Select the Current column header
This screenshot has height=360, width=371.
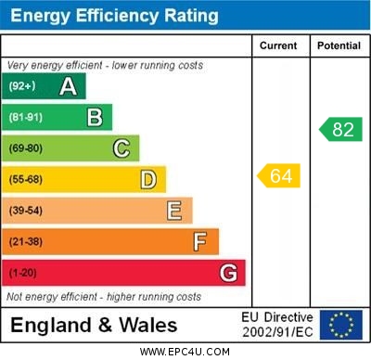pyautogui.click(x=278, y=45)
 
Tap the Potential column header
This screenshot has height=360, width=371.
pyautogui.click(x=338, y=45)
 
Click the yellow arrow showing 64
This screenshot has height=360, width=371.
pyautogui.click(x=279, y=175)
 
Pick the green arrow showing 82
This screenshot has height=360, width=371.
pyautogui.click(x=340, y=129)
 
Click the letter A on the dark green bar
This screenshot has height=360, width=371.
pyautogui.click(x=68, y=86)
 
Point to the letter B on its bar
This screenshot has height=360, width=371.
pyautogui.click(x=95, y=117)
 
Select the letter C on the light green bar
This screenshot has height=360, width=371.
pyautogui.click(x=121, y=148)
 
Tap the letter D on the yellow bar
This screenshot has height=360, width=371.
pyautogui.click(x=147, y=179)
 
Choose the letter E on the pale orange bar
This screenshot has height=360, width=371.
pyautogui.click(x=174, y=211)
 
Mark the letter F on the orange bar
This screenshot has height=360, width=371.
pyautogui.click(x=200, y=242)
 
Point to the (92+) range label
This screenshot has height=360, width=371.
pyautogui.click(x=22, y=86)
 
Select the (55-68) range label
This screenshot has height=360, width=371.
pyautogui.click(x=26, y=179)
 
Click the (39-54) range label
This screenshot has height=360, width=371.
pyautogui.click(x=26, y=211)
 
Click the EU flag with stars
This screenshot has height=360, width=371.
pyautogui.click(x=340, y=325)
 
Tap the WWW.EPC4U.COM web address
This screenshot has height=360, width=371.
pyautogui.click(x=185, y=352)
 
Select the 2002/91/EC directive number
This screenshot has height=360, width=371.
pyautogui.click(x=277, y=332)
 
